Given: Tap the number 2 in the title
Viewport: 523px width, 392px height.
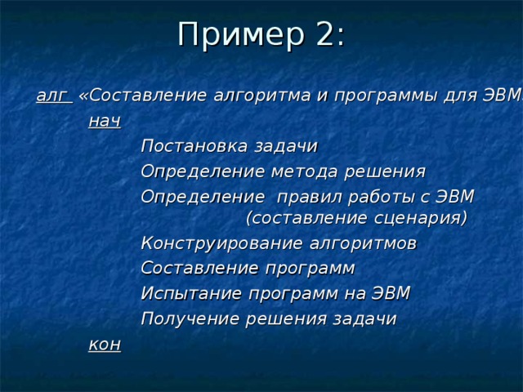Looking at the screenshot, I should point(326,34).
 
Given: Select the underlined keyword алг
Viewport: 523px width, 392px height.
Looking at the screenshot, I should point(51,96).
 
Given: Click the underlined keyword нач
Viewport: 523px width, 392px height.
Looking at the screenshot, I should point(104,121).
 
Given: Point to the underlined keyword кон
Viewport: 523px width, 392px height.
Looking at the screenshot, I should point(104,345).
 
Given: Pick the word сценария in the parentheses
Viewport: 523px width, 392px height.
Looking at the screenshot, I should point(418,218).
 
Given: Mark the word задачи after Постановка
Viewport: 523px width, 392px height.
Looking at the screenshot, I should point(286,146).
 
